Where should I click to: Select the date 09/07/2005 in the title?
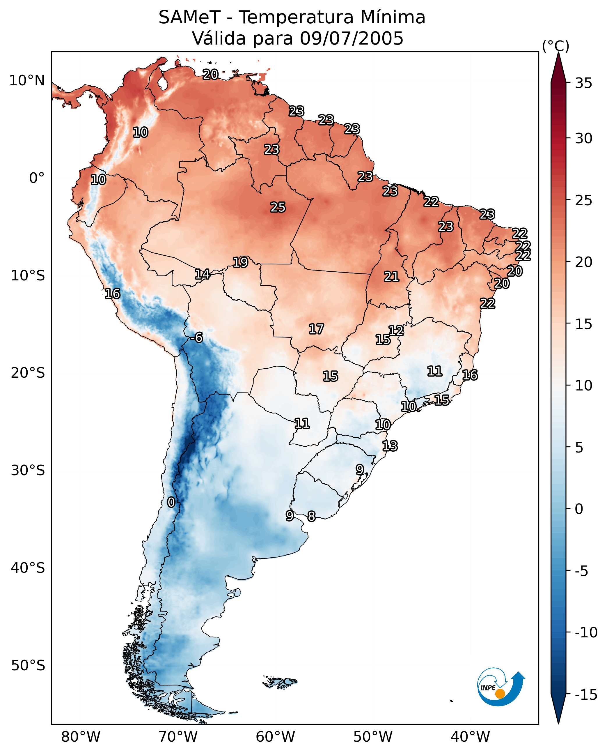pyautogui.click(x=352, y=38)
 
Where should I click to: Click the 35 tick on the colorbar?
pyautogui.click(x=583, y=83)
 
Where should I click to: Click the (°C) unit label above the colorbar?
pyautogui.click(x=555, y=46)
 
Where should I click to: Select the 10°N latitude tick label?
pyautogui.click(x=27, y=81)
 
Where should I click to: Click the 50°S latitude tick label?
pyautogui.click(x=28, y=665)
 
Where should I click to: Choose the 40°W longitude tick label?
pyautogui.click(x=470, y=738)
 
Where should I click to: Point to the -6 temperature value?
pyautogui.click(x=196, y=338)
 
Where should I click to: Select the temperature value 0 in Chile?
pyautogui.click(x=171, y=502)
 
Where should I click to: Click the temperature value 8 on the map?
pyautogui.click(x=311, y=516)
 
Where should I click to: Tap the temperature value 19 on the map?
pyautogui.click(x=241, y=262)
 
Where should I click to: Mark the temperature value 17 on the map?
pyautogui.click(x=316, y=329)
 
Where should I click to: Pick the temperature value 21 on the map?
pyautogui.click(x=391, y=277)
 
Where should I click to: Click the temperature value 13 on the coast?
pyautogui.click(x=390, y=446)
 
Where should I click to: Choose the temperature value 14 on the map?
pyautogui.click(x=202, y=274)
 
